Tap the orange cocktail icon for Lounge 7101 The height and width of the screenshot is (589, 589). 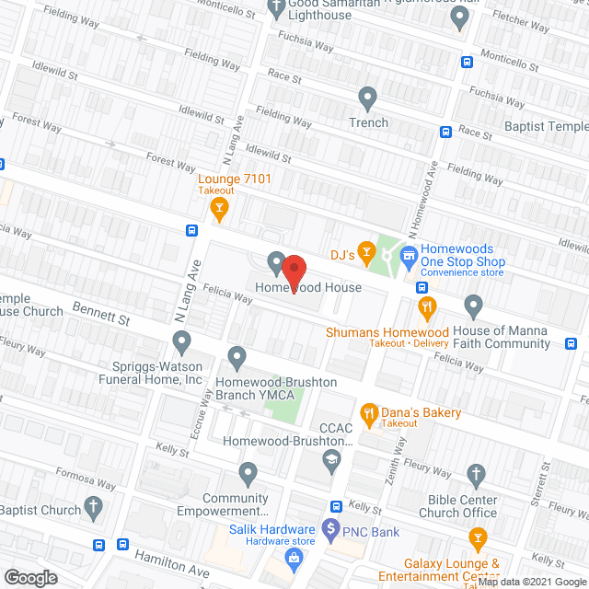point(219,210)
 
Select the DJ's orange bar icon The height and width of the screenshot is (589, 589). point(366,250)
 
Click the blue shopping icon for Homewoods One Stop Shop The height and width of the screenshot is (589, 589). point(410,250)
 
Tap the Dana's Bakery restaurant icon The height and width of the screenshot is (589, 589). point(369,413)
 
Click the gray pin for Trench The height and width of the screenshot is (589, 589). point(368,97)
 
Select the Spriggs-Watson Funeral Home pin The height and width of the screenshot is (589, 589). point(181,343)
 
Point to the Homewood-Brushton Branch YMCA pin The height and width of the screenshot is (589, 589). point(237,356)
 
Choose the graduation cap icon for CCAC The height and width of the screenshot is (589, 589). point(330,461)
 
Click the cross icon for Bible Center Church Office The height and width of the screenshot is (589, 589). point(476,476)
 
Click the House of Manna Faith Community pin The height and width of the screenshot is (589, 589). point(474,305)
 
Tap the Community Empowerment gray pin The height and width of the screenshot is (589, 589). point(247,475)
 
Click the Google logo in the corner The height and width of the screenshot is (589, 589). point(31,577)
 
